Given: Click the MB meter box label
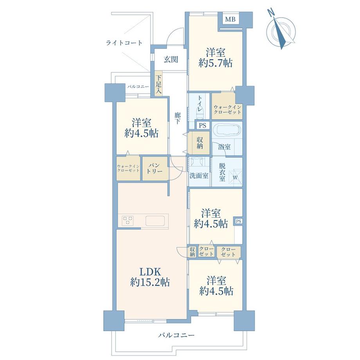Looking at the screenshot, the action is [x=230, y=19].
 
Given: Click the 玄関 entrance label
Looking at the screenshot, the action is [x=171, y=59].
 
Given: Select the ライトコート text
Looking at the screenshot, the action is [x=124, y=43].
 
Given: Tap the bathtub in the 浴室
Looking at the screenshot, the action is [x=227, y=132].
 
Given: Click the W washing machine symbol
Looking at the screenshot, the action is [x=236, y=177].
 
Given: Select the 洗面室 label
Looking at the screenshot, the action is [x=199, y=176].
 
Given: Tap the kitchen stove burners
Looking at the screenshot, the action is [x=128, y=220].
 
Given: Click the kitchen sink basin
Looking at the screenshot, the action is [x=155, y=221].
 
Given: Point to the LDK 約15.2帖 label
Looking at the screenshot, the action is [x=150, y=277].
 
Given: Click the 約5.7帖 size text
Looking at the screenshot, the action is [x=215, y=63].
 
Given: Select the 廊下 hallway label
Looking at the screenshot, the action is [x=177, y=118].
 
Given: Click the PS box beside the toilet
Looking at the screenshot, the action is [x=203, y=126].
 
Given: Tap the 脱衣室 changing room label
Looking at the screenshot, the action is [x=222, y=172].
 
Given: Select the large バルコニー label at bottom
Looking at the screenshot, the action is [x=176, y=335].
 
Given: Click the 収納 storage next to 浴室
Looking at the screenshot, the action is [x=199, y=142].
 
